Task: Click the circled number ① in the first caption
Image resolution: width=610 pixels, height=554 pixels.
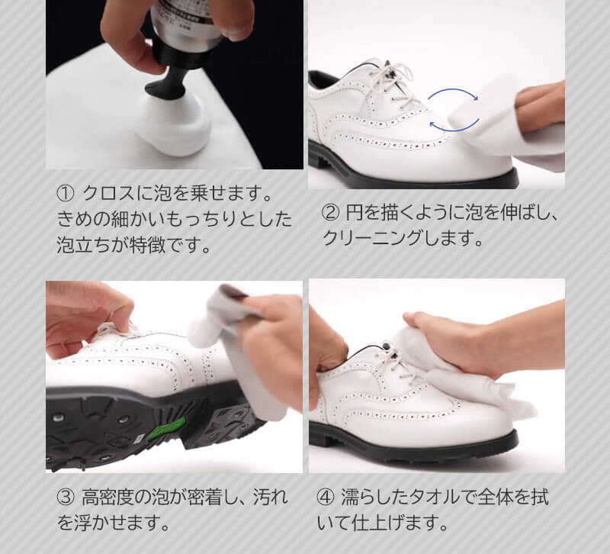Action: pos(66,191)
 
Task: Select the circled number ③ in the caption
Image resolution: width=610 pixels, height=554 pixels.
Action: pos(65,498)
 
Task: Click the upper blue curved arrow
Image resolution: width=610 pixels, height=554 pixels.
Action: pos(453,93)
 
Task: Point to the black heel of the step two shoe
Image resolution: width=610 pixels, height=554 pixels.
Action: pos(321,153)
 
